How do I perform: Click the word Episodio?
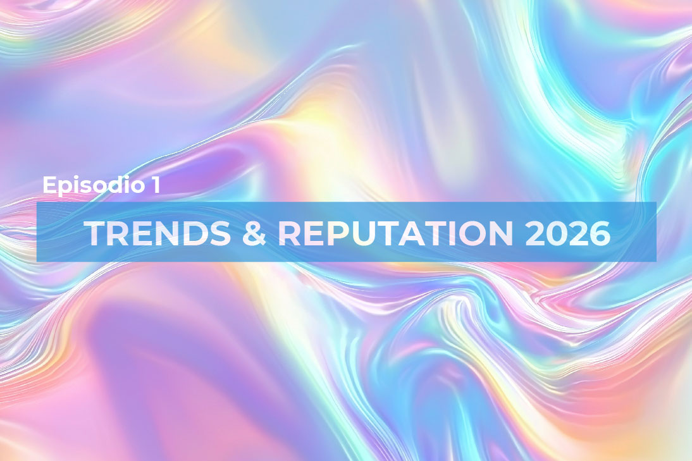(x=94, y=185)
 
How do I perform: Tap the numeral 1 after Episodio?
(x=155, y=184)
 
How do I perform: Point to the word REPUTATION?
(x=396, y=234)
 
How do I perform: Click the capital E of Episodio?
(x=49, y=184)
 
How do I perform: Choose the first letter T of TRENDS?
(x=99, y=234)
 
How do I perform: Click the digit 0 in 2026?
(x=556, y=234)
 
